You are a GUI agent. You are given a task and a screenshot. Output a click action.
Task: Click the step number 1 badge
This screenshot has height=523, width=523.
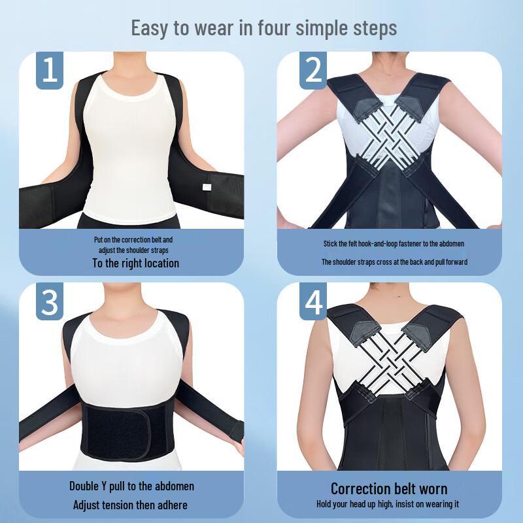point(50,70)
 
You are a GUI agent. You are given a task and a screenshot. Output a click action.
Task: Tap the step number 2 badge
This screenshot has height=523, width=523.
point(313,70)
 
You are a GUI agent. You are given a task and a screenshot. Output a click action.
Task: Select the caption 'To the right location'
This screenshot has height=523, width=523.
point(135,263)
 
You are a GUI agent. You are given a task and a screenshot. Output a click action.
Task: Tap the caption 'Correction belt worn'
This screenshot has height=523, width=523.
point(389,488)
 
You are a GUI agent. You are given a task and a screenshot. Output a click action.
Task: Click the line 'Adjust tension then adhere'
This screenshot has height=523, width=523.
point(131,505)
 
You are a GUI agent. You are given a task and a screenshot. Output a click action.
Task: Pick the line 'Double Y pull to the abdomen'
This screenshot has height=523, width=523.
point(131,486)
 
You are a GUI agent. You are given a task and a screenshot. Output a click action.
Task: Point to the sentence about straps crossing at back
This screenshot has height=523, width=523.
point(394,262)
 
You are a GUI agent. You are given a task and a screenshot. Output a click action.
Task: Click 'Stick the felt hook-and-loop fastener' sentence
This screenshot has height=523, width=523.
point(394,244)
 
